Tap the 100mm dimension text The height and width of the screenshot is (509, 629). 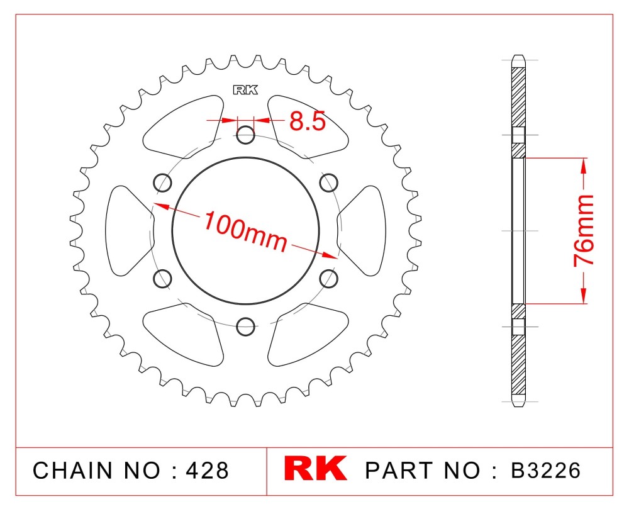tap(245, 232)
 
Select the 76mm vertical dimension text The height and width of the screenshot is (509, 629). tap(584, 230)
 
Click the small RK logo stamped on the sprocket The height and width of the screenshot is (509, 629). tap(245, 90)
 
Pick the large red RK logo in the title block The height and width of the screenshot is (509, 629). tap(315, 468)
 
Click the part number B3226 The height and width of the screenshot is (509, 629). tap(545, 470)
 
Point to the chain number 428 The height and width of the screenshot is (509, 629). tap(207, 470)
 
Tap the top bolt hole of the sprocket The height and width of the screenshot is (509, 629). tap(245, 135)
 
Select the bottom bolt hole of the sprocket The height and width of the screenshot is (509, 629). tap(245, 327)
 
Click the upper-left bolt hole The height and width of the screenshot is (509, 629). tap(162, 182)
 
